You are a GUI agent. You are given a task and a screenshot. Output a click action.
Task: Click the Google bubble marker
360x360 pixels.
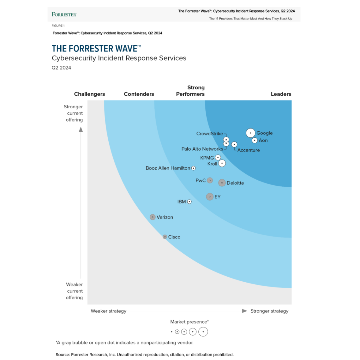pos(250,133)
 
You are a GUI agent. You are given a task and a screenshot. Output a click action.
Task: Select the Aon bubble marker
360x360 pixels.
pos(255,140)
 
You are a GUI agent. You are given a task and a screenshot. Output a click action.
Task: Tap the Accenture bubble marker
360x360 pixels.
pos(234,144)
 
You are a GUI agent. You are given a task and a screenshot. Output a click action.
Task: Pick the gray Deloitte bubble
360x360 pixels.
pos(222,183)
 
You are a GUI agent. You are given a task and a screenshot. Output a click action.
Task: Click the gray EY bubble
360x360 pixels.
pos(210,197)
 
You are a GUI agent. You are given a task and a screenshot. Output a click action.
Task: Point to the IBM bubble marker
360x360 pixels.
pos(189,201)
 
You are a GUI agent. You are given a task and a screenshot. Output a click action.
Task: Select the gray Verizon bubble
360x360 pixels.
pos(153,217)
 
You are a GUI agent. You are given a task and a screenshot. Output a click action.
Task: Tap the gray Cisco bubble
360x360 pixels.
pos(165,237)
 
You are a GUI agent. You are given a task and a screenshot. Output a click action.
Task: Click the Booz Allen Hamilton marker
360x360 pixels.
pos(193,168)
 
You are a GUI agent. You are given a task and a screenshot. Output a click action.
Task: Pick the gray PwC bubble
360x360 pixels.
pos(210,180)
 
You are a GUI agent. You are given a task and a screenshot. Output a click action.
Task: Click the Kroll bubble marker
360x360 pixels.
pos(222,163)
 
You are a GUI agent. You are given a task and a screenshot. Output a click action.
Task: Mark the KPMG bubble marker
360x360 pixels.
pos(218,157)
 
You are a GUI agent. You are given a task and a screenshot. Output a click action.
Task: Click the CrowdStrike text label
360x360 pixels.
pos(209,134)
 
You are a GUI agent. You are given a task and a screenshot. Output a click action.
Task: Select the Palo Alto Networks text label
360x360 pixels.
pos(202,149)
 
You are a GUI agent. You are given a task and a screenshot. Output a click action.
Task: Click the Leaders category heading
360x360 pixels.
pos(281,94)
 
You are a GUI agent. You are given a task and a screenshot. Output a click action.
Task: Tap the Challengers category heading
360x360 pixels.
pos(89,94)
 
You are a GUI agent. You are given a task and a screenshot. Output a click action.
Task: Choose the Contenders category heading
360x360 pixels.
pos(139,94)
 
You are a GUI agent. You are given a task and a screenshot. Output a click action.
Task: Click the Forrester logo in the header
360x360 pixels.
pos(64,15)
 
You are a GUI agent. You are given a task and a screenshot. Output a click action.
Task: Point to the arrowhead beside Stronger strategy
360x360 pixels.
pos(244,311)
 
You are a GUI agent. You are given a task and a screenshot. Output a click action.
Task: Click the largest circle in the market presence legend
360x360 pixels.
pos(203,332)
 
